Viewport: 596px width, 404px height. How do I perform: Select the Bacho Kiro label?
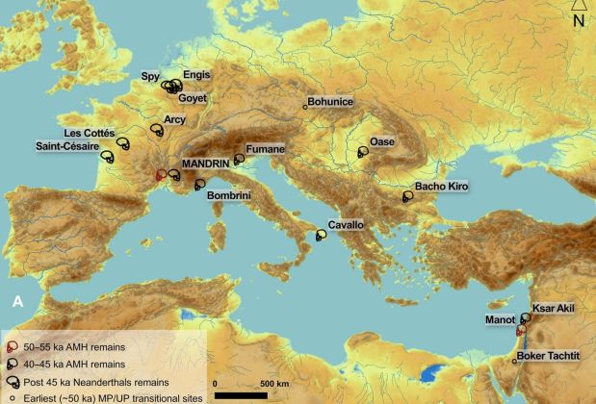pyautogui.click(x=441, y=185)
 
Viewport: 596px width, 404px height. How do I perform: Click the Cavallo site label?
pyautogui.click(x=346, y=225)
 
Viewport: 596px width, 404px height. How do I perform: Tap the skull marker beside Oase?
pyautogui.click(x=363, y=151)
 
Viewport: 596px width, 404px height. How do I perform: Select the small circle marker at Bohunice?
pyautogui.click(x=305, y=106)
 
